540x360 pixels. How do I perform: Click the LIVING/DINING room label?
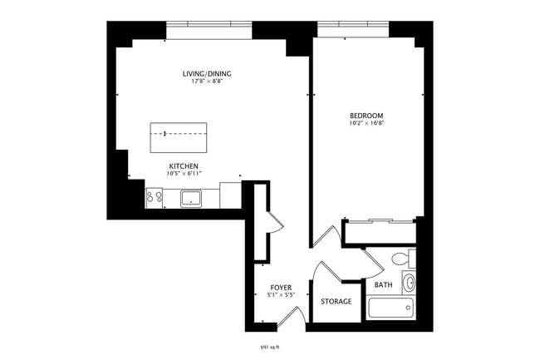tap(207, 74)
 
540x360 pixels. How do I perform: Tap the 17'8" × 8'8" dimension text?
tap(207, 81)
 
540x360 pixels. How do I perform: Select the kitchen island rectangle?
tap(178, 137)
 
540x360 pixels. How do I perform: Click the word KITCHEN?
tap(183, 165)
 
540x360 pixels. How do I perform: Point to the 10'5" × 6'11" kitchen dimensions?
tap(183, 173)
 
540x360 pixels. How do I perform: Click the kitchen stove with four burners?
tap(155, 198)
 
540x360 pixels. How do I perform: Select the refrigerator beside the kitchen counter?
tap(230, 195)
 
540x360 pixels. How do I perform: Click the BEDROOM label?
tap(366, 115)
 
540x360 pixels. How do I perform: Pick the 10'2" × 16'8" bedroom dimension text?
tap(366, 122)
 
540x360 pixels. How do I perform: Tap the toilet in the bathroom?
tap(402, 259)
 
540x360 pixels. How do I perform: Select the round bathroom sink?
tap(408, 282)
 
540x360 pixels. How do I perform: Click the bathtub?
tap(390, 308)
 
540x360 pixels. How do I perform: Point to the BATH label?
tap(384, 284)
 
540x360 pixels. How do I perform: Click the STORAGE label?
tap(336, 301)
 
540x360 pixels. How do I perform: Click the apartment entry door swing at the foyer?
tap(291, 317)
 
